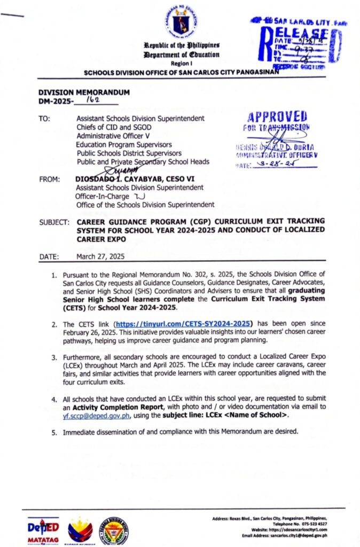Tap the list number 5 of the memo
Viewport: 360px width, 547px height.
[54, 432]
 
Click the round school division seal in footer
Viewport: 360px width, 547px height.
[114, 530]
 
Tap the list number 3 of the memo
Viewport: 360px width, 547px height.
[54, 356]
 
